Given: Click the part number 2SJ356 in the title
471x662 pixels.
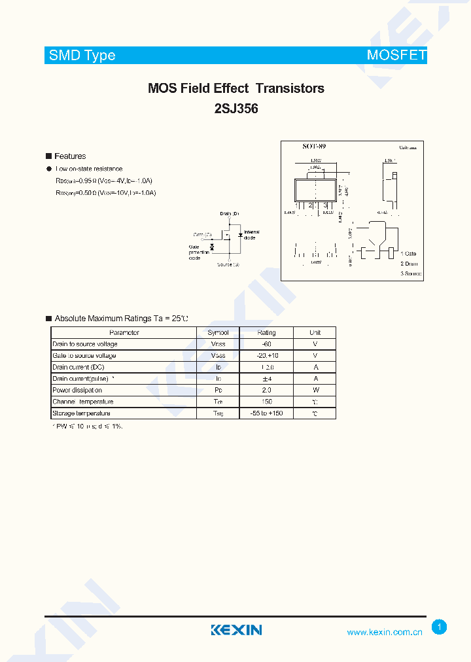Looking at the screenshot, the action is pos(236,109).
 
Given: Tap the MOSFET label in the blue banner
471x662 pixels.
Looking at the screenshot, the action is pos(396,55).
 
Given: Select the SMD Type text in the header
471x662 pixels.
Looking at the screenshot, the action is pos(82,55).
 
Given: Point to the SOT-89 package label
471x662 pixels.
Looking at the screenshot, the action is pos(314,147).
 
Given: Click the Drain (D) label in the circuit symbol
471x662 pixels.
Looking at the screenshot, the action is pos(230,214).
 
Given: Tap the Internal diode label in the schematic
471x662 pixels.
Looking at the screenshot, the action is pos(251,235).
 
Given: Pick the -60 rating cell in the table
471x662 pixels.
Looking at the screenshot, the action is pos(266,344).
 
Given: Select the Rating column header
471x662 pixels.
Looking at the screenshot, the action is pos(266,332).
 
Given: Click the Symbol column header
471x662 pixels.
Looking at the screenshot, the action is pos(218,332).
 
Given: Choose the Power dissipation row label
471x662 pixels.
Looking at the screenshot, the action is pos(77,390).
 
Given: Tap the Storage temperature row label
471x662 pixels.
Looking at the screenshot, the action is pos(81,413).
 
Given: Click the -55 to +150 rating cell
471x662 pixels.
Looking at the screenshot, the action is pos(266,413).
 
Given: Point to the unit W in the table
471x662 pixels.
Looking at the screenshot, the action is pos(315,390).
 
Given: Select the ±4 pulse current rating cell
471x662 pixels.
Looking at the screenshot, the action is pos(266,379).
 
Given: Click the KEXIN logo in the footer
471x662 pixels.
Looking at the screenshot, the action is pos(236,630).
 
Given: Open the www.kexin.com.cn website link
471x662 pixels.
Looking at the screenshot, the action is pos(385,632).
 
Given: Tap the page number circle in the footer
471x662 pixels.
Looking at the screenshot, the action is pos(440,627).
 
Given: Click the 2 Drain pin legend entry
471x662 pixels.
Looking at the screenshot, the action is pos(410,264).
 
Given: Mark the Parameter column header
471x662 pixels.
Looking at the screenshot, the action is pos(124,332).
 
